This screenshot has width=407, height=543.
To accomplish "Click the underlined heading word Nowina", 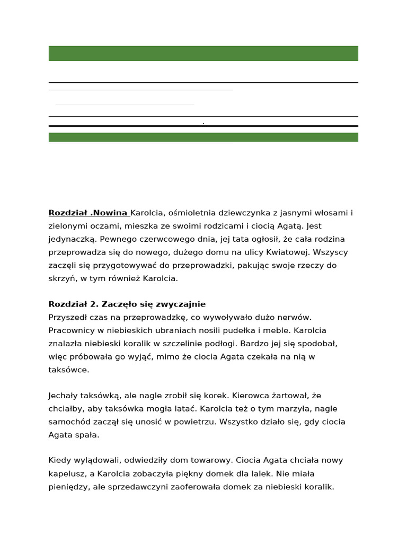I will tap(110, 213).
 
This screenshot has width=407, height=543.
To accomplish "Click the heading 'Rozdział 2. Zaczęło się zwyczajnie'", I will tap(127, 304).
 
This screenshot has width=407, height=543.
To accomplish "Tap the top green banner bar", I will tap(203, 54).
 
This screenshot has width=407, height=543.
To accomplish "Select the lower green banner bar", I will tap(203, 137).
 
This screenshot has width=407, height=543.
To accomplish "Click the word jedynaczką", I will tap(72, 239).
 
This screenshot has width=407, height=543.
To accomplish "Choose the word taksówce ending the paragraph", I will tap(69, 370).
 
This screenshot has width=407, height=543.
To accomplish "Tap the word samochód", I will tap(69, 422).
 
